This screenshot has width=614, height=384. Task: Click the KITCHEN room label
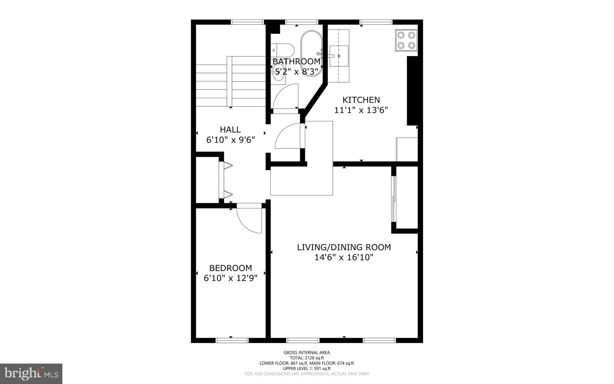point(361,100)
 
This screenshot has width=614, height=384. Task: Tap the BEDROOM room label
point(230,268)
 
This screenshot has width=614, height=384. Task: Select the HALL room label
point(230,130)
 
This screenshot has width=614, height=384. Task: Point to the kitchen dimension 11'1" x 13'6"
point(361,110)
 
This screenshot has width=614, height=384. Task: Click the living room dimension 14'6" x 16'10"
point(344,257)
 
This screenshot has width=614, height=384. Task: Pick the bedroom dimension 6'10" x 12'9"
point(230,278)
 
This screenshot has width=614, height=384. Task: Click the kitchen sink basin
point(339,56)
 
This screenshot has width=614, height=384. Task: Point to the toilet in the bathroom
point(283,50)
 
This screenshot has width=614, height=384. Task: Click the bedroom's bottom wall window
point(232,340)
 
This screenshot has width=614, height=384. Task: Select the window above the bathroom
point(301,22)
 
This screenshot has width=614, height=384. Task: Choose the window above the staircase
point(247,22)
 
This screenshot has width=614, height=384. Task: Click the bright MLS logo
point(31,373)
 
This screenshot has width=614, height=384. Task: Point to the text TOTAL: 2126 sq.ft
point(306,358)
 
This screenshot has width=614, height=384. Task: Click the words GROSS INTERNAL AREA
point(306,353)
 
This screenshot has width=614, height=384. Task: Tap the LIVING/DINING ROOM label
point(344,247)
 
